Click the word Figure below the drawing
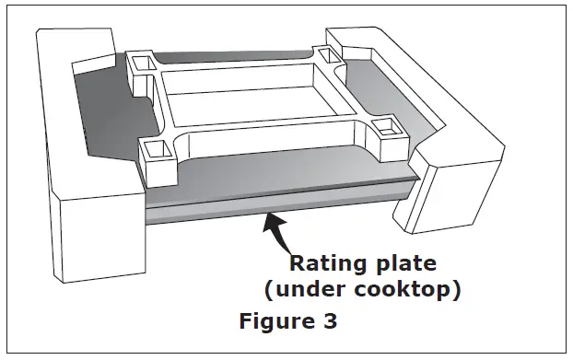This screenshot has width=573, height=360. coord(275,323)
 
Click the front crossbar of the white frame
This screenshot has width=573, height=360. coord(267,147)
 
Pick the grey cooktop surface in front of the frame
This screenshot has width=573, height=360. coord(276,180)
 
